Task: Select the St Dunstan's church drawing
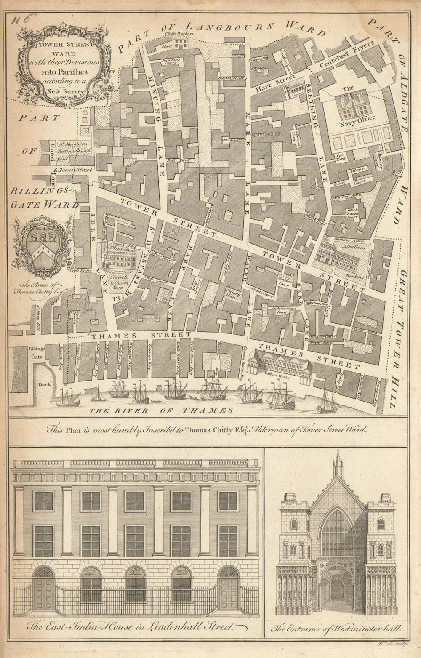click(118, 256)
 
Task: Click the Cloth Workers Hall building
click(181, 43)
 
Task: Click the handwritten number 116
click(24, 20)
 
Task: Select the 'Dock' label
click(44, 384)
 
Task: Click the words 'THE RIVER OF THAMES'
click(161, 410)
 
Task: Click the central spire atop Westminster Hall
click(338, 463)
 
